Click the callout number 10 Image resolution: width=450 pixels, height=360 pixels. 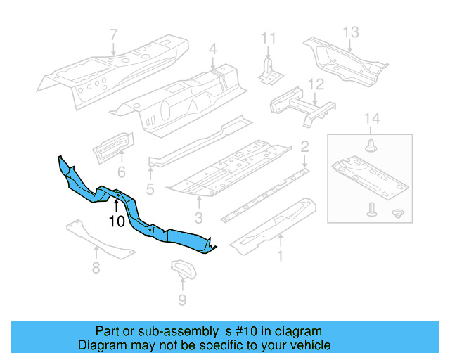coord(116,221)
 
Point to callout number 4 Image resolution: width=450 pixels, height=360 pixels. coord(212,49)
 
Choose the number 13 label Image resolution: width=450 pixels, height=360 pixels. coord(351,31)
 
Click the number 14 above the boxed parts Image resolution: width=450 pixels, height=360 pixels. coord(372,119)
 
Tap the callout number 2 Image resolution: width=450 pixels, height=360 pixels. coord(304,147)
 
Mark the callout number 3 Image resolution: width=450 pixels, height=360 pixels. coord(199,218)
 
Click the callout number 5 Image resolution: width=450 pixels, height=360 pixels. coord(150,188)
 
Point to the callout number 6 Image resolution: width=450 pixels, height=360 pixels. coord(121,172)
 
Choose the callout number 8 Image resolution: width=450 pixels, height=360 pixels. coord(96,267)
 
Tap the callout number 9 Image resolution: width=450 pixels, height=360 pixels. coord(182,302)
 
